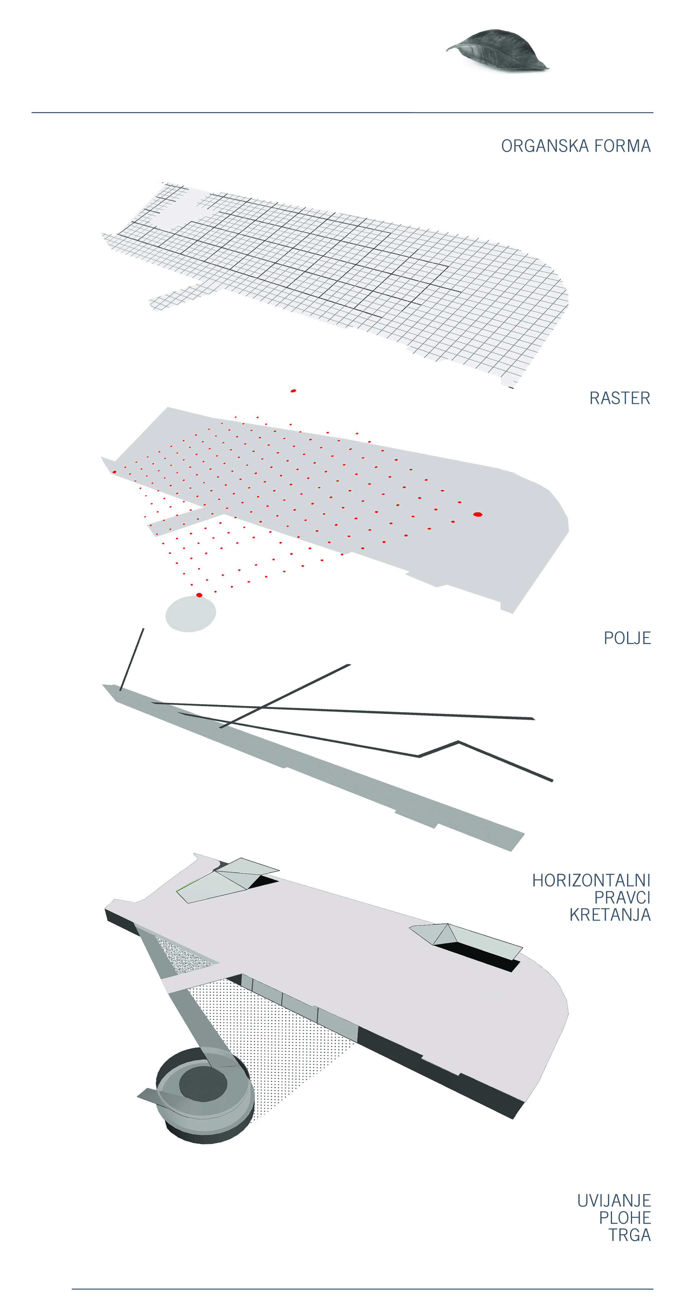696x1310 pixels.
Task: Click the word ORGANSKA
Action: coord(545,146)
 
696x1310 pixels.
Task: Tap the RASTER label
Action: coord(620,398)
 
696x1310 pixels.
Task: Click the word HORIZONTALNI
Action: coord(591,880)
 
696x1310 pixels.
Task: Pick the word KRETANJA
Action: coord(610,915)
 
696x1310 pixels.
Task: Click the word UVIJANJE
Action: coord(614,1201)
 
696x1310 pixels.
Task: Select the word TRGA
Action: coord(630,1235)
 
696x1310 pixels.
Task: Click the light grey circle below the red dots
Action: coord(191,614)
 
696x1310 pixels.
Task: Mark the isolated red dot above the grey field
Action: coord(293,391)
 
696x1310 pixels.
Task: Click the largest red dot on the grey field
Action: coord(477,515)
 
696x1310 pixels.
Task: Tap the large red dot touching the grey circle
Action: coord(199,595)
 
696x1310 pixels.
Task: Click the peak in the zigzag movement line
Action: coord(458,742)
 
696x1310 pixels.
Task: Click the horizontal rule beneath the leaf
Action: coord(342,112)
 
